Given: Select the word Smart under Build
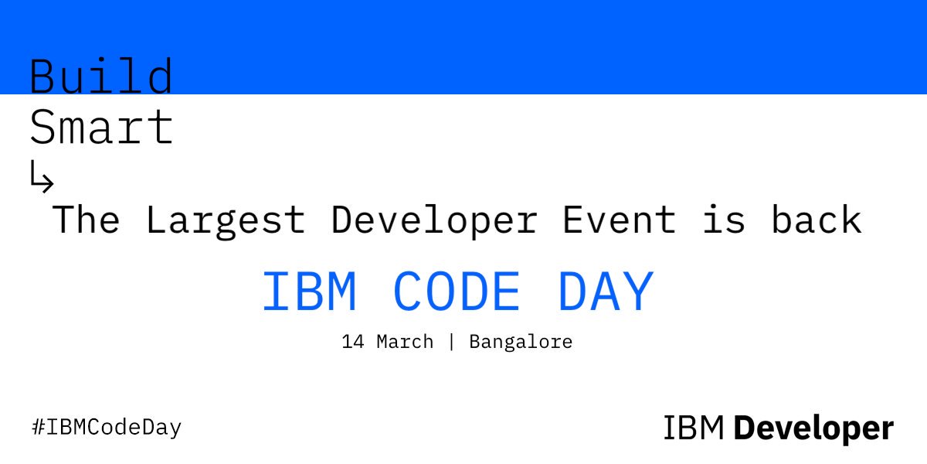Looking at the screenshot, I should tap(101, 128).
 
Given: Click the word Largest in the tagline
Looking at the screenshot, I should tap(225, 220).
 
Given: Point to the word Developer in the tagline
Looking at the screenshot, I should tap(433, 220).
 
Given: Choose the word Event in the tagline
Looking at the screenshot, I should tap(619, 220).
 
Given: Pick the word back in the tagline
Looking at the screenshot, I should tap(816, 220).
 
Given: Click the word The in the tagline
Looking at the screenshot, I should tap(86, 220).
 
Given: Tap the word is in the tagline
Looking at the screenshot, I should tap(724, 220).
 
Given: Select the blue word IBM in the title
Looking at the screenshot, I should tap(309, 293).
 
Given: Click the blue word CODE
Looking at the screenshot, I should tap(456, 293).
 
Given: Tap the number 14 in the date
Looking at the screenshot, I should tap(352, 341).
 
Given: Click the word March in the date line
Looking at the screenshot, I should tap(405, 341).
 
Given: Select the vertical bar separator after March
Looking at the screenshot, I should tap(451, 341).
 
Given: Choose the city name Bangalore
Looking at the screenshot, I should tap(521, 341).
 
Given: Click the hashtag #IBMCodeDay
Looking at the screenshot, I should tap(106, 427).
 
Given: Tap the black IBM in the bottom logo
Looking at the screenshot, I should tap(693, 428).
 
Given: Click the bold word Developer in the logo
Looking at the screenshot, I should tap(813, 428).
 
